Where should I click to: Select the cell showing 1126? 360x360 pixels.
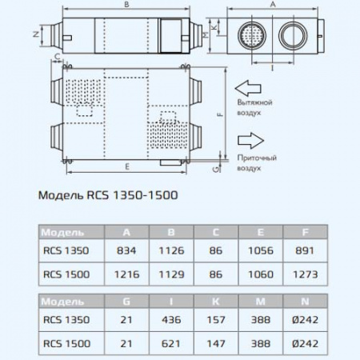coord(170,250)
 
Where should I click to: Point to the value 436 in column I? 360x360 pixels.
coord(170,318)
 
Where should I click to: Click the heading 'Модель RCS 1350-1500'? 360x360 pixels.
coord(108,194)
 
